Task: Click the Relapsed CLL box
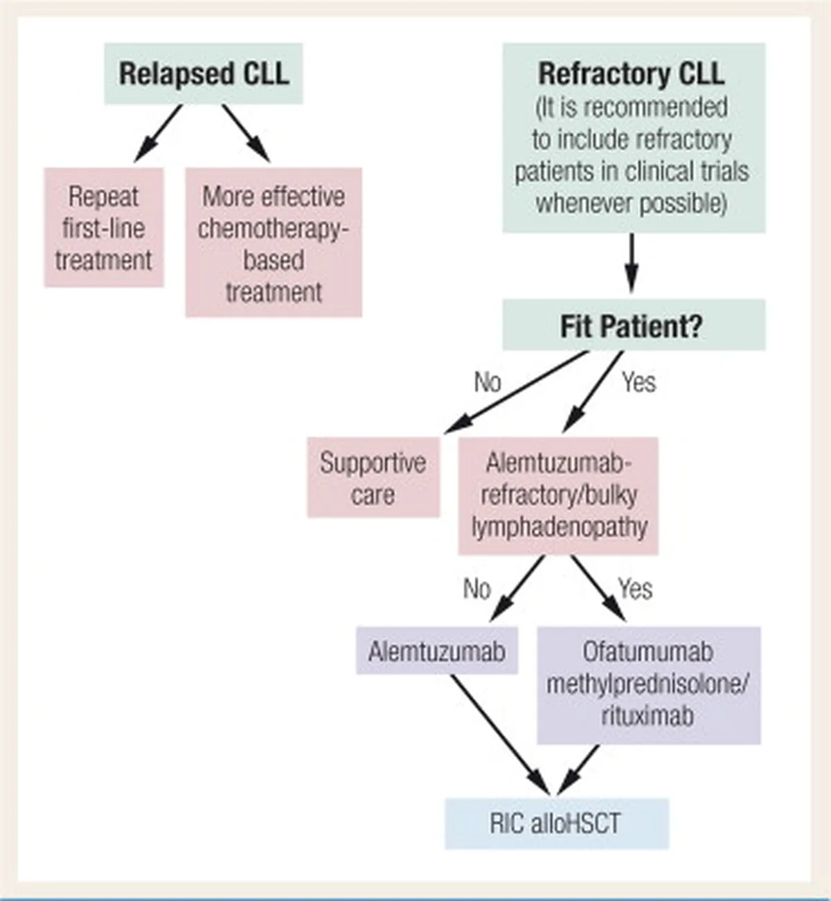(x=204, y=73)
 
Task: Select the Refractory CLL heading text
(x=632, y=73)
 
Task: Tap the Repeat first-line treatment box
(x=103, y=227)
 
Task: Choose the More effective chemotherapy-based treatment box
(x=274, y=242)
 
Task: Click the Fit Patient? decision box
(x=634, y=325)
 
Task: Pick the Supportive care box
(x=373, y=477)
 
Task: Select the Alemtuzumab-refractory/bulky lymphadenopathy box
(x=558, y=496)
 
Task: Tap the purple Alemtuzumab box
(x=436, y=650)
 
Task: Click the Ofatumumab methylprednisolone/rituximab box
(x=649, y=686)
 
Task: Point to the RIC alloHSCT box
(x=557, y=823)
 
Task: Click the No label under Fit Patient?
(x=488, y=382)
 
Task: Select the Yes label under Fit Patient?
(x=639, y=382)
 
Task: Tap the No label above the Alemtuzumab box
(x=477, y=589)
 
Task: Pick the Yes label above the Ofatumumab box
(x=636, y=589)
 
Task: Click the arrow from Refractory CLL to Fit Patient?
(x=632, y=263)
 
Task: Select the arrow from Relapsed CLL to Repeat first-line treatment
(x=158, y=134)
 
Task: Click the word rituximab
(x=647, y=717)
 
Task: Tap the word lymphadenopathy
(x=559, y=527)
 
